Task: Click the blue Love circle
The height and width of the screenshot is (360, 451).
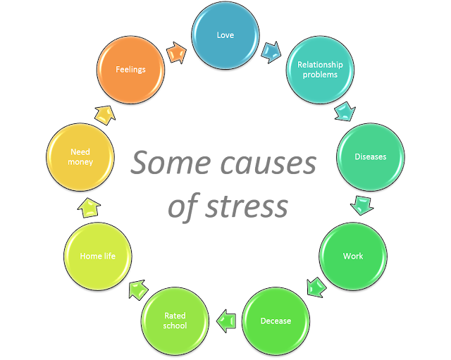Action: click(226, 35)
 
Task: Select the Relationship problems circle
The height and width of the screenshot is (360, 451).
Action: click(320, 70)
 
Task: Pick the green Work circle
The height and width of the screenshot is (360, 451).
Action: click(353, 256)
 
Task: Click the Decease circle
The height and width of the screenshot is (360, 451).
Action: click(276, 321)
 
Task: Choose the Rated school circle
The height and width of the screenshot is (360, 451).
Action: click(175, 321)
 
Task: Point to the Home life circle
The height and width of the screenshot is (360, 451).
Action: click(97, 256)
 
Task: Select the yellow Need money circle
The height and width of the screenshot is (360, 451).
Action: click(80, 156)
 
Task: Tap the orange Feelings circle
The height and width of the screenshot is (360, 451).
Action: click(131, 70)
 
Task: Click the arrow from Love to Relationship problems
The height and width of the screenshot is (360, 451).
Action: click(271, 51)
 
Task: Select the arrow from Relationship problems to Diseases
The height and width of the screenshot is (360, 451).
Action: click(345, 111)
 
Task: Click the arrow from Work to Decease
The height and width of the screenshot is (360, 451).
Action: click(316, 287)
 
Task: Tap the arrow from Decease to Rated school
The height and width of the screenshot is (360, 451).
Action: click(225, 321)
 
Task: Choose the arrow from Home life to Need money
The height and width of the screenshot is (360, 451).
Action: click(89, 207)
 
